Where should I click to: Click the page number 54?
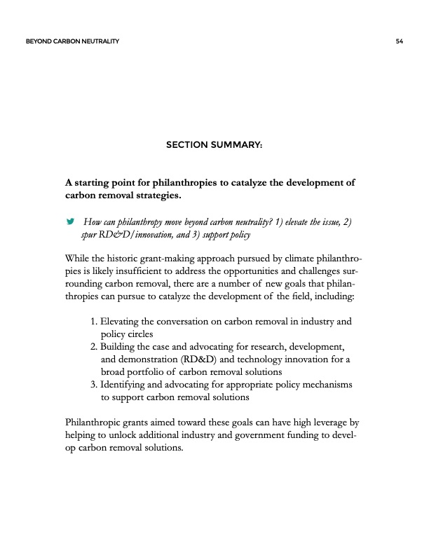tap(398, 42)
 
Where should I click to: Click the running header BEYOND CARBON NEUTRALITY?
tap(71, 42)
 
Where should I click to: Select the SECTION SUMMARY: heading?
tap(214, 145)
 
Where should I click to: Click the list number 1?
tap(95, 322)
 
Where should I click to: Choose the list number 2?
tap(95, 347)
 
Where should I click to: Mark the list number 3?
tap(95, 385)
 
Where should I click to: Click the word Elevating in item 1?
tap(123, 322)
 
